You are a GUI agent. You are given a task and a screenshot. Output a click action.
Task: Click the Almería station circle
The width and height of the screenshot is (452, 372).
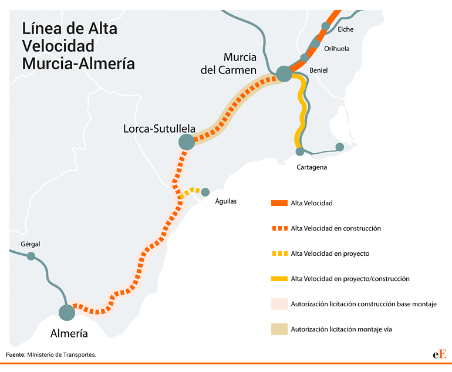pos(67,312)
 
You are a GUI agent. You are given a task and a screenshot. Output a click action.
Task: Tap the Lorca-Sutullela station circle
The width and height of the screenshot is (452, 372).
pos(187,142)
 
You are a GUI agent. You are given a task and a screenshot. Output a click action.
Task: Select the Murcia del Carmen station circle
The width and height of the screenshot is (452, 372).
pos(284,74)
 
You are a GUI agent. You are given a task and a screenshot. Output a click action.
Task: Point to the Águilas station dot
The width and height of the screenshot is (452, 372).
pos(205,192)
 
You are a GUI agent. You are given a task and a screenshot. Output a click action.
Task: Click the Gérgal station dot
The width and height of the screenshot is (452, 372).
pos(31,256)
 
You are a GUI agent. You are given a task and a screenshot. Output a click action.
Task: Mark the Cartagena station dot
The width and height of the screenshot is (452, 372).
pos(300,151)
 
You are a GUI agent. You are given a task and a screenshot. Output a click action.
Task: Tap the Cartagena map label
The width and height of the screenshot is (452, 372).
pos(312,167)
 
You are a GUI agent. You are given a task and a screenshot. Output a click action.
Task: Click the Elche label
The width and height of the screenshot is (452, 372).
pos(345,29)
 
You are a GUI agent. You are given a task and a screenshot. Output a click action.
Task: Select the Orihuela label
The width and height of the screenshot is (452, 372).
pos(337,49)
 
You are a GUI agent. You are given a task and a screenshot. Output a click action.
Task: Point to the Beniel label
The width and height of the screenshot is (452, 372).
pos(319,70)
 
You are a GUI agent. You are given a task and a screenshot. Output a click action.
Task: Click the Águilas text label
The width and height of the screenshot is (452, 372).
pos(226,201)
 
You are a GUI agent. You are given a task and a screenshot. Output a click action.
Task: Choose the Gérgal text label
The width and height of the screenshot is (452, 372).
pos(31,244)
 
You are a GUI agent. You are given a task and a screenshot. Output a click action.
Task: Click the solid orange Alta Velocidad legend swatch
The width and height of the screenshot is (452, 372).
pos(279,203)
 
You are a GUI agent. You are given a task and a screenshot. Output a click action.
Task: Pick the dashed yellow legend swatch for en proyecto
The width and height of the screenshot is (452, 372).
pos(280,253)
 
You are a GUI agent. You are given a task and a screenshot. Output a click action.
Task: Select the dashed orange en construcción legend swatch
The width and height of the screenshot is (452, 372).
pos(280,228)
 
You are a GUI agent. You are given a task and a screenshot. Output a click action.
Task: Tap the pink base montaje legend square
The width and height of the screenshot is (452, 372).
pos(279,304)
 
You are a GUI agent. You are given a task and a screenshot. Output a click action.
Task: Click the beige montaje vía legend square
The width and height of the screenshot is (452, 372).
pos(279,329)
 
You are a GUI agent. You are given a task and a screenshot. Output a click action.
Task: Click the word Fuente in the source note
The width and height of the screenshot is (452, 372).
pos(16,355)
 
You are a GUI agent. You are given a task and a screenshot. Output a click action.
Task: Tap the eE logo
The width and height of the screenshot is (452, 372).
pos(440,354)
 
